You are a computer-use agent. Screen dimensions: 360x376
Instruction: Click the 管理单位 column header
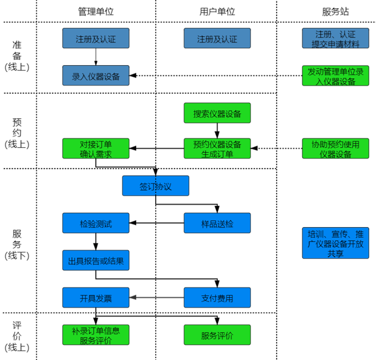click(96, 11)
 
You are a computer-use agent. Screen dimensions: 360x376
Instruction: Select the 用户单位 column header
click(217, 11)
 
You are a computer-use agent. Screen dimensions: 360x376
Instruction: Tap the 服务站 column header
click(336, 11)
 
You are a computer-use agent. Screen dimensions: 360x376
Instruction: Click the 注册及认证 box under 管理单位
click(96, 38)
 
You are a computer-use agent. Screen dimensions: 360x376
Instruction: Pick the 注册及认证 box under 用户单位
click(217, 38)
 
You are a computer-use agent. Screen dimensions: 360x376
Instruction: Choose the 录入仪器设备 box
click(96, 76)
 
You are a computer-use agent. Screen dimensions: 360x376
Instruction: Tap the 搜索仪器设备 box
click(217, 113)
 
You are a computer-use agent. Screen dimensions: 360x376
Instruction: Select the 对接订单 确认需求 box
click(96, 148)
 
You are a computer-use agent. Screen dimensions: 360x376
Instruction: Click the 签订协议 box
click(155, 186)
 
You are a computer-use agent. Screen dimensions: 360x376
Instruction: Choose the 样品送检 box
click(217, 223)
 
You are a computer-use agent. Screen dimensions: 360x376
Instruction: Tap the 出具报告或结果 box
click(96, 260)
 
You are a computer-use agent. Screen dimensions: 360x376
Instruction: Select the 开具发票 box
click(96, 298)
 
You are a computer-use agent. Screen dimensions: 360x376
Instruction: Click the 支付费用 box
click(217, 298)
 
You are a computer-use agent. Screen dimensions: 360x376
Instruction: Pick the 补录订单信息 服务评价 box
click(96, 335)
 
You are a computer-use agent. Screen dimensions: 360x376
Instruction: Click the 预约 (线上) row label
click(17, 133)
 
